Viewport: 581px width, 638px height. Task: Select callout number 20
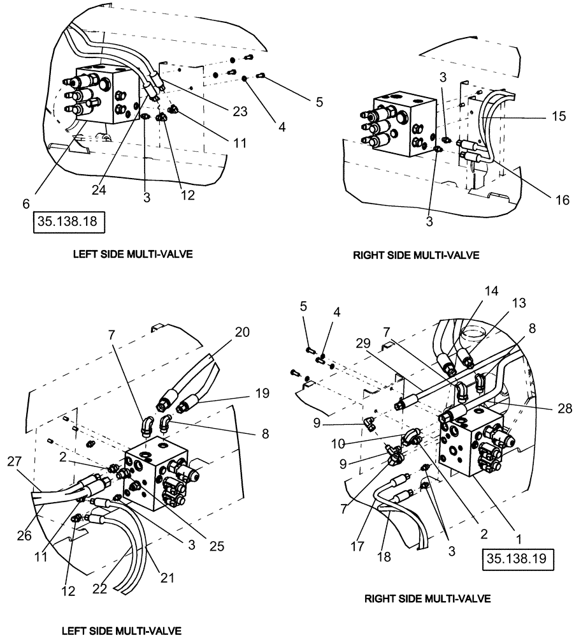(224, 332)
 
